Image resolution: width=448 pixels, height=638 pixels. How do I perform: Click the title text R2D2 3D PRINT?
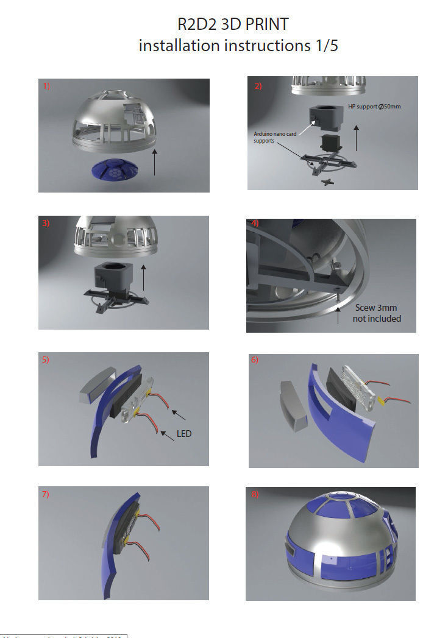(232, 24)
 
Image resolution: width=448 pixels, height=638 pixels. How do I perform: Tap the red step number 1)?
(46, 87)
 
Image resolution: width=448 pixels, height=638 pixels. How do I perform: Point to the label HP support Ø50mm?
(374, 106)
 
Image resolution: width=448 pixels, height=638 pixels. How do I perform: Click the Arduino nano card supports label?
(275, 137)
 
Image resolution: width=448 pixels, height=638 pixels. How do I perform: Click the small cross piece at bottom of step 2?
(328, 182)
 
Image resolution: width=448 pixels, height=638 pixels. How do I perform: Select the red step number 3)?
(46, 223)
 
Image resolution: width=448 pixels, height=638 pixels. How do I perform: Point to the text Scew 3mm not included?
(377, 313)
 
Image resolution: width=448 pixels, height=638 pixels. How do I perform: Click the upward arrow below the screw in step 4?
(338, 314)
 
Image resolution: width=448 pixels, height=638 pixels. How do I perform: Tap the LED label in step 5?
(183, 434)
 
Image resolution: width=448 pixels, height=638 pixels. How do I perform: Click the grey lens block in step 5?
(99, 385)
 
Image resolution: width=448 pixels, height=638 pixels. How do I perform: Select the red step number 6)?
(255, 360)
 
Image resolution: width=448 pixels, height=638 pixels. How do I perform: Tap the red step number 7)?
(46, 494)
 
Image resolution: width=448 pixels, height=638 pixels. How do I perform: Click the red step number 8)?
(255, 494)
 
